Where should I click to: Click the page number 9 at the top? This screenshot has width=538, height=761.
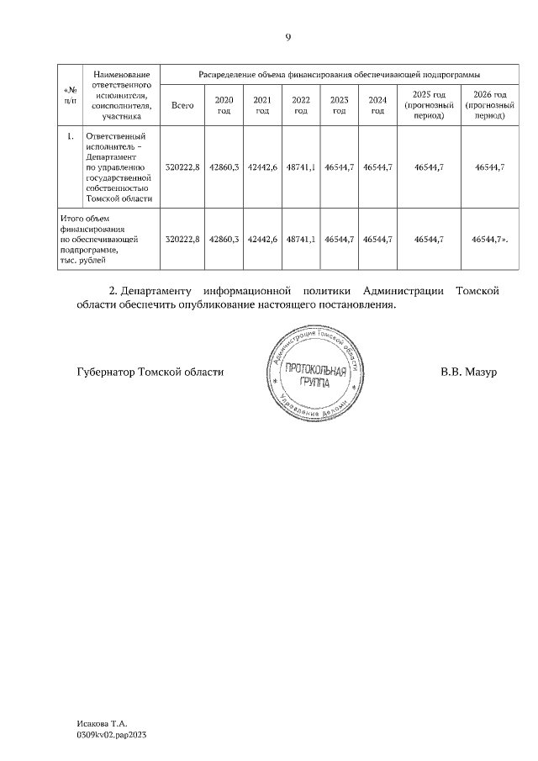(287, 38)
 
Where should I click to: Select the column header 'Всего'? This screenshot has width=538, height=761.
(182, 105)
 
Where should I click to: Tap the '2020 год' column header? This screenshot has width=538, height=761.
(224, 105)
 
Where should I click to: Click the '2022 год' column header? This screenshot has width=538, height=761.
(300, 105)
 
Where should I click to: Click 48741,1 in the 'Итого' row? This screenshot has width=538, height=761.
(301, 240)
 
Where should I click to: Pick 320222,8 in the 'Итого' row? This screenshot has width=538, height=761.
(182, 240)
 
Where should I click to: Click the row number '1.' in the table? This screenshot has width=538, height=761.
(70, 136)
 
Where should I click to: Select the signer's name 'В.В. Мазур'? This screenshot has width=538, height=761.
(469, 372)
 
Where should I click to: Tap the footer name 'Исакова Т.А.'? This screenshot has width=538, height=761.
(100, 723)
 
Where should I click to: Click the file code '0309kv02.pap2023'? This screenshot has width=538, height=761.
(111, 735)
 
